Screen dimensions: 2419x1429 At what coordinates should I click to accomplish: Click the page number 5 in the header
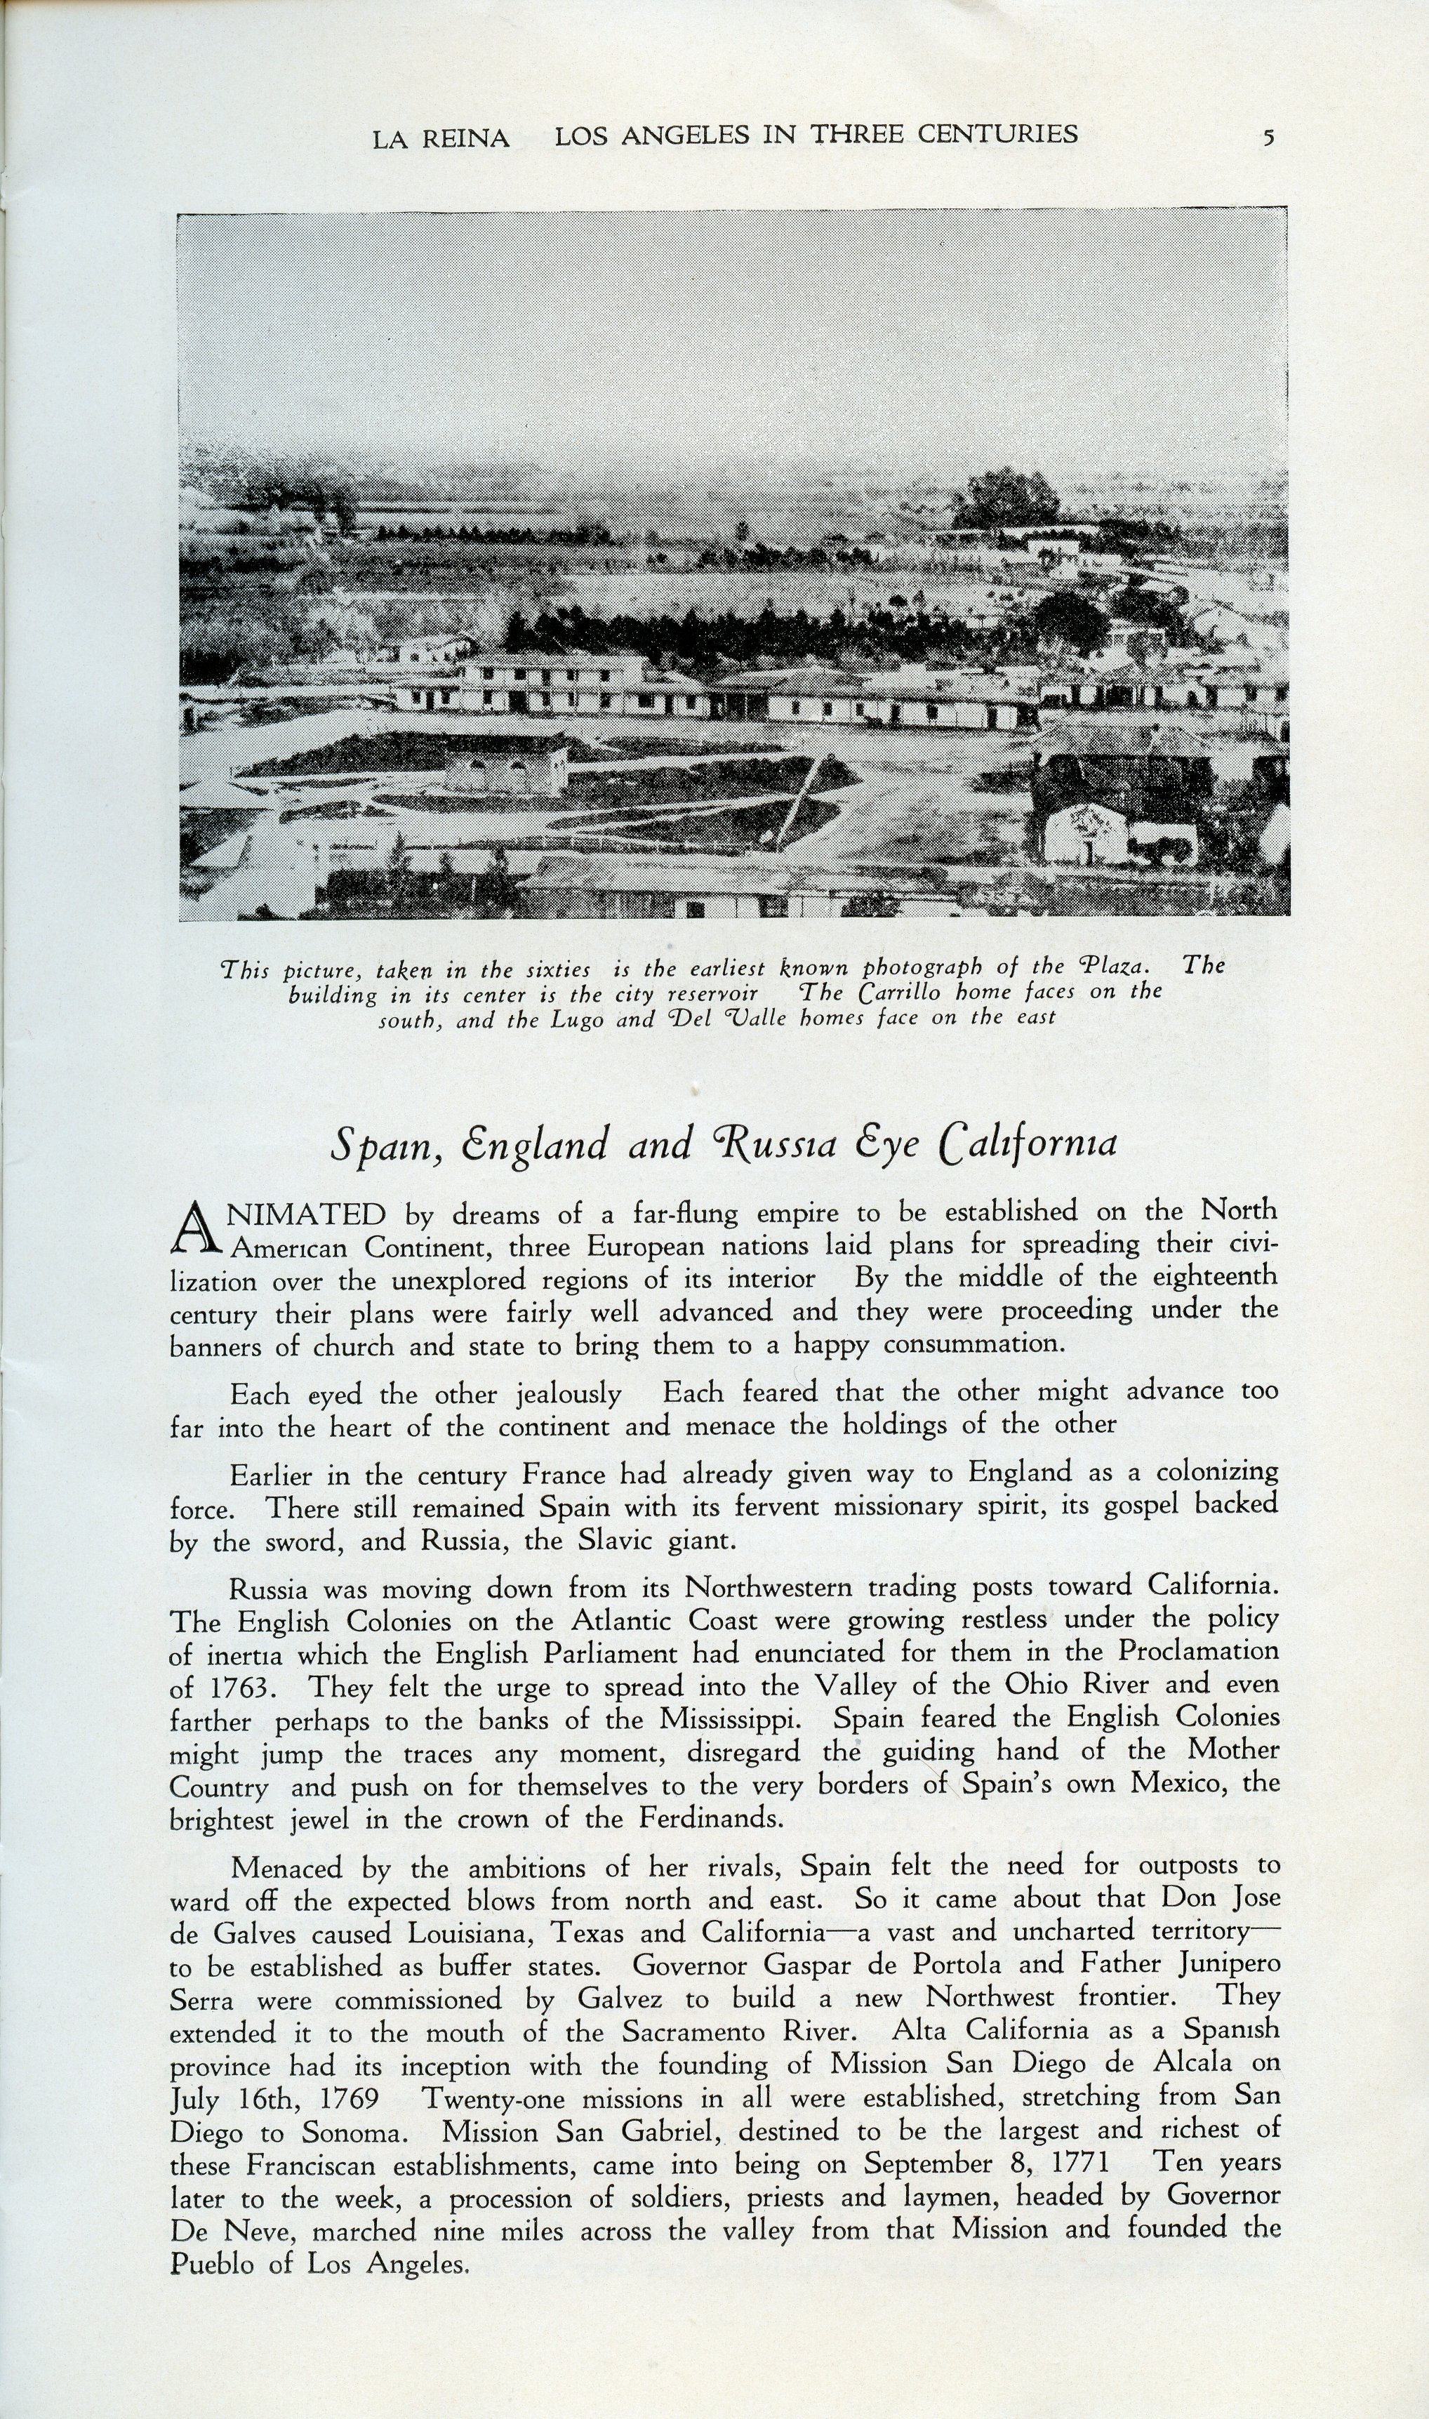point(1268,137)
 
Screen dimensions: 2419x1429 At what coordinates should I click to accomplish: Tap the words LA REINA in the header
point(441,139)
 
